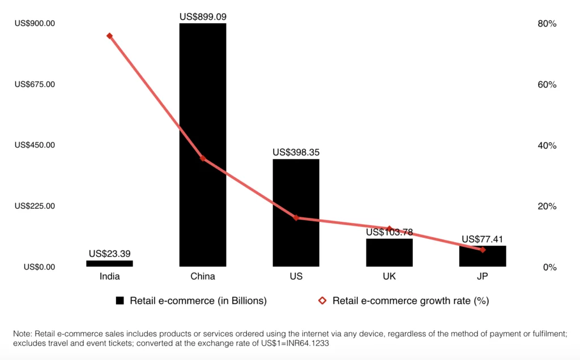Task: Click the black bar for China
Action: (203, 144)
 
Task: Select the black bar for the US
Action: (296, 212)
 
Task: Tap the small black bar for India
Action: (109, 263)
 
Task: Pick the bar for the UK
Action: (389, 252)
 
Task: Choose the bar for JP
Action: (483, 256)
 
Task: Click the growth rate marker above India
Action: (109, 36)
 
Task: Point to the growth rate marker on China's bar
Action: (203, 158)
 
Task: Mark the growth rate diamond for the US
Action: (296, 218)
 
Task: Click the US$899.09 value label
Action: (203, 17)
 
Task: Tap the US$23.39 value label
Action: (109, 254)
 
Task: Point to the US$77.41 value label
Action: (483, 239)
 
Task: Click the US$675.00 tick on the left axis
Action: (35, 84)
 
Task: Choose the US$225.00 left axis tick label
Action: (35, 206)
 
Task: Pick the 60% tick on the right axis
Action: (547, 85)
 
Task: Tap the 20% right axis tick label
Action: (547, 207)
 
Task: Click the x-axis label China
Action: (203, 277)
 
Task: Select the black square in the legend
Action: (120, 301)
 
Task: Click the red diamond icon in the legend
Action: (322, 301)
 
